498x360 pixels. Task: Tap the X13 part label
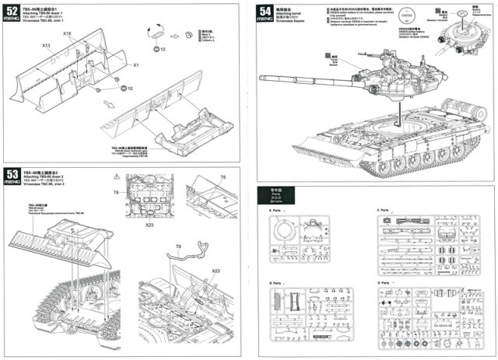pos(47,46)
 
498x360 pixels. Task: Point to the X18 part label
pos(68,34)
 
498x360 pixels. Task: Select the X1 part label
pos(136,65)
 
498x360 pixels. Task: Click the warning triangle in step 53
pos(116,180)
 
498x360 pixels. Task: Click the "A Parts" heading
pos(275,211)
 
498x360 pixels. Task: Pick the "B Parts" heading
pos(275,282)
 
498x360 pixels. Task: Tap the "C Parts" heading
pos(383,211)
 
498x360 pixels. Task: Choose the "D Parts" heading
pos(383,282)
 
